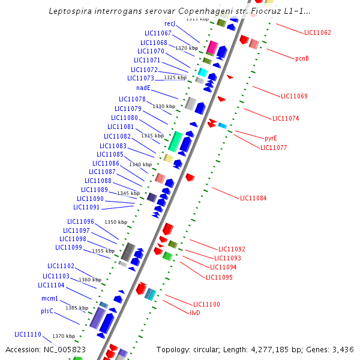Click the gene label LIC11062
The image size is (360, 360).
(317, 32)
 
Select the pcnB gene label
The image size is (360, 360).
(302, 58)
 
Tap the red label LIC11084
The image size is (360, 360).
(253, 198)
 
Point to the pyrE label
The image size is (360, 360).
(271, 138)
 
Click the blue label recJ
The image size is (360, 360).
(169, 23)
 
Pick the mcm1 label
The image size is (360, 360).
(50, 299)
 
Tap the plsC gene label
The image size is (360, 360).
(47, 311)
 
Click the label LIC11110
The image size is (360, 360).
(28, 334)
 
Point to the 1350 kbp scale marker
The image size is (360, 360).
(116, 222)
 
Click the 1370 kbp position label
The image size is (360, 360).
(63, 336)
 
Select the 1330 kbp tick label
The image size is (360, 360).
(163, 106)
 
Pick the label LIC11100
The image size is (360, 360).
(206, 304)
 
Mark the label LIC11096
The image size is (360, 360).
(80, 221)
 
